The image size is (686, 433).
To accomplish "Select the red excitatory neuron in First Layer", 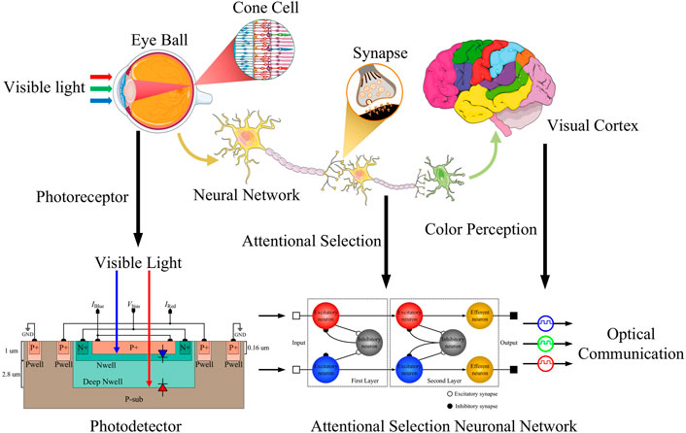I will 331,316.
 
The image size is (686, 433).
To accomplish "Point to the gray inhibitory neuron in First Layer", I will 371,342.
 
